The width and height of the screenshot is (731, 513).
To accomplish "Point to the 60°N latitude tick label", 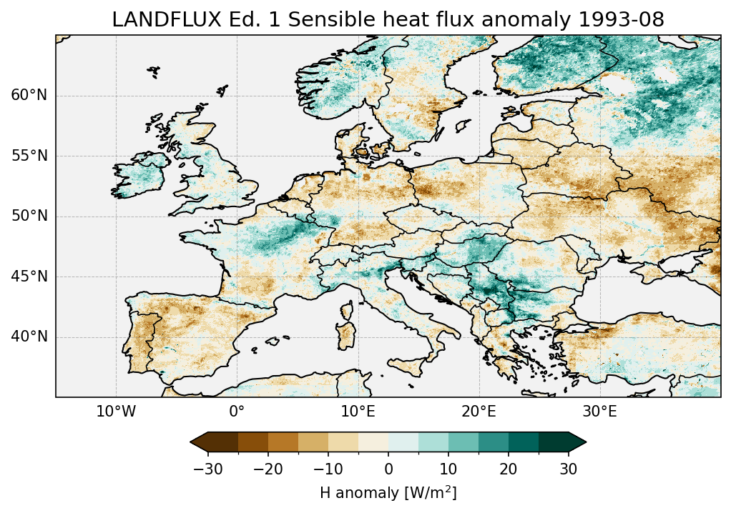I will click(x=29, y=96).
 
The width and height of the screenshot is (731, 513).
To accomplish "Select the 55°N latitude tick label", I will click(x=29, y=156).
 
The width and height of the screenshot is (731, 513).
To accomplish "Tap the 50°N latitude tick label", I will click(x=29, y=216).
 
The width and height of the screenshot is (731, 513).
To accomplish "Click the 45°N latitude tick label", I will click(x=29, y=277).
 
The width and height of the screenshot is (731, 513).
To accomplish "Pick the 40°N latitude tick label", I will click(x=29, y=337).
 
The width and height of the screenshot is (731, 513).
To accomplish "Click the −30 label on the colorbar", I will click(x=208, y=469).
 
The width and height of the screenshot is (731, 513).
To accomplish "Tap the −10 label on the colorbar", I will click(x=328, y=469).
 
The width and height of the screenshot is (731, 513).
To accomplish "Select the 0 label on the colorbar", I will click(x=388, y=469).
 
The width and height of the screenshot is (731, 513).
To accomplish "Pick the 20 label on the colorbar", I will click(x=509, y=469).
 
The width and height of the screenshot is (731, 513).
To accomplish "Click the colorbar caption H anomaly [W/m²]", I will click(x=388, y=493).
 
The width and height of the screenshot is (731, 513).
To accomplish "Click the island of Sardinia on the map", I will click(x=348, y=334).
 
